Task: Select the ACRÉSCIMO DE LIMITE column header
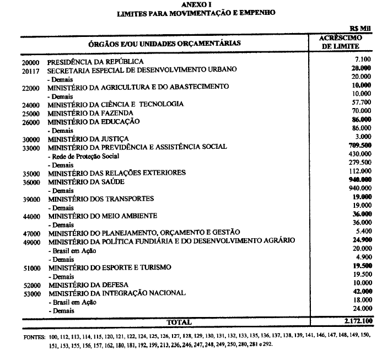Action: pos(340,42)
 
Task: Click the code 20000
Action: pos(31,62)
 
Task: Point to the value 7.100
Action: pos(362,58)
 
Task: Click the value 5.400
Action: pos(362,232)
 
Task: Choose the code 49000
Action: pos(31,241)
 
